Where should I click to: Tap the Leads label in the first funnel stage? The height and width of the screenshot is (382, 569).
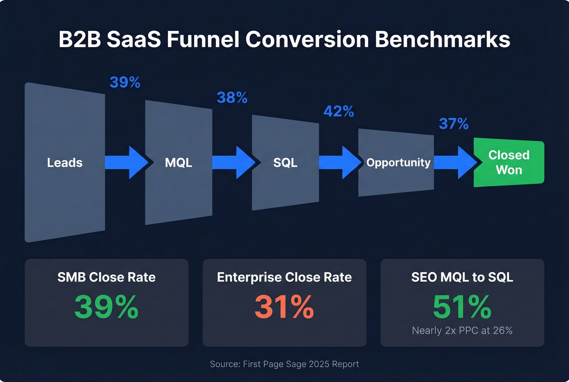point(65,163)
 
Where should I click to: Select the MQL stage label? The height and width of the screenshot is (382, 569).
point(178,163)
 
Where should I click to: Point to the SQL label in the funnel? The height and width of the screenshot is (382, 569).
point(285,163)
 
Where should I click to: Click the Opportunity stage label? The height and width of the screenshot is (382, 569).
point(398,163)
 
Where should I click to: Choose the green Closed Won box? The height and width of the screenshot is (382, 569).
point(509,163)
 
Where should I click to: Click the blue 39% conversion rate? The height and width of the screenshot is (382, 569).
point(125,83)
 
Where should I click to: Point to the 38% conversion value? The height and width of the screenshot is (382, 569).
point(232,98)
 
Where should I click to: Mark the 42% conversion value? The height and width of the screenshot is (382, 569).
point(339,111)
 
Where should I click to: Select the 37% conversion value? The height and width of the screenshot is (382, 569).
point(454,124)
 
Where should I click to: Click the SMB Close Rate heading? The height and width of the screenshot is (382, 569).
point(106,277)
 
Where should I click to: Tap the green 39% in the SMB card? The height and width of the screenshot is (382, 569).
point(106,307)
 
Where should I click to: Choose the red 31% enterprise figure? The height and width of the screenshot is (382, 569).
point(284,307)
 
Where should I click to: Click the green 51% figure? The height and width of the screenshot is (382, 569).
point(462,307)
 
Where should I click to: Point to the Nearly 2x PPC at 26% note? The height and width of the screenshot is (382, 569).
point(462,330)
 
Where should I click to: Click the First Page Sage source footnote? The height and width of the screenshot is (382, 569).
point(284,364)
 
